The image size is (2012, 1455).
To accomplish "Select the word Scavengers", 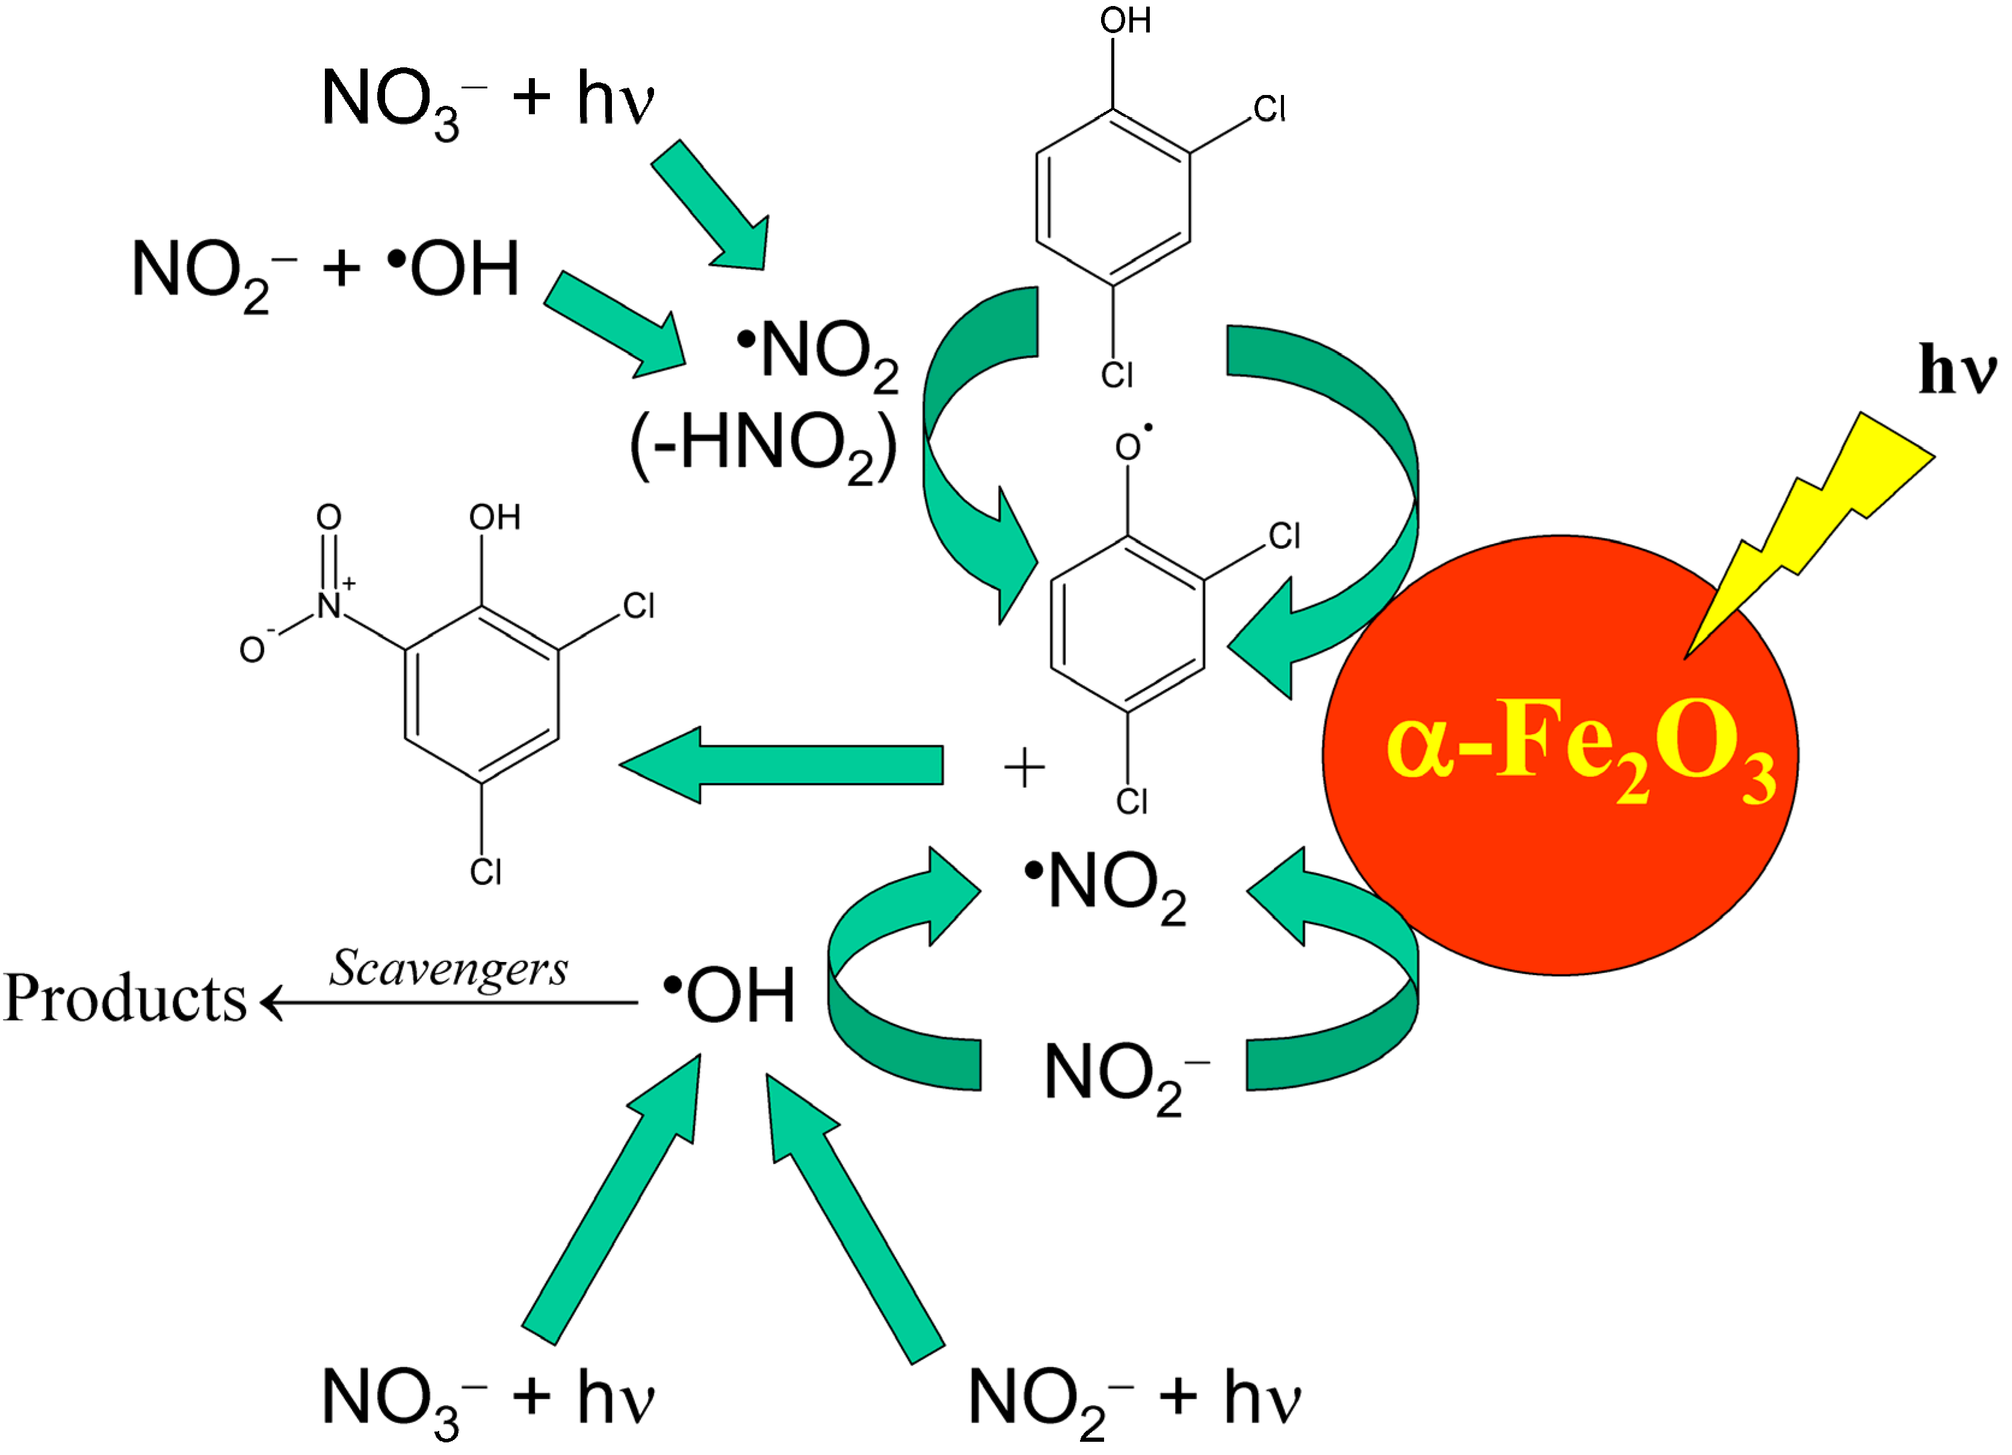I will [449, 968].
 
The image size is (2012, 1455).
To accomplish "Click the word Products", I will [124, 999].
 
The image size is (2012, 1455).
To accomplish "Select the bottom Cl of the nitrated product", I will [486, 872].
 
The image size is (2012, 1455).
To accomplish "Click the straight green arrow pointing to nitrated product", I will [780, 764].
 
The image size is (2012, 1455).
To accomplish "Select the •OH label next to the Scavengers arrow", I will [729, 996].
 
